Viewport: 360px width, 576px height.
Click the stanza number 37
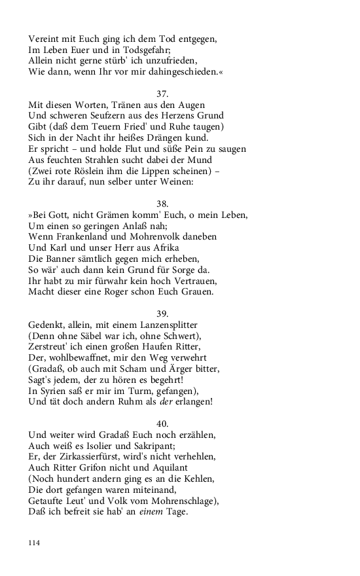[x=163, y=94]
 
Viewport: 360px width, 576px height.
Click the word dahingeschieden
[x=175, y=71]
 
